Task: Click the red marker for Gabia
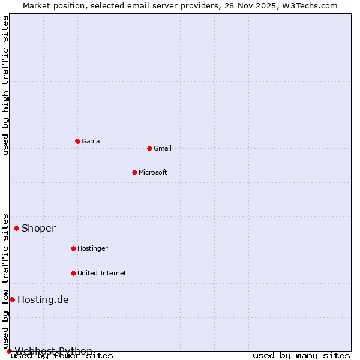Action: point(77,141)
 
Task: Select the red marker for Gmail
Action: point(149,148)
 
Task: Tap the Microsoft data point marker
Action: point(134,172)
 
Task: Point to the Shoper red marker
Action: point(16,228)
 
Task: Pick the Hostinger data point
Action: point(73,248)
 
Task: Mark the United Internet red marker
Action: point(73,273)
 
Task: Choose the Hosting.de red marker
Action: point(12,299)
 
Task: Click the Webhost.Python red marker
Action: point(9,351)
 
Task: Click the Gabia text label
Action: point(91,141)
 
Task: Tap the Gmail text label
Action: point(162,148)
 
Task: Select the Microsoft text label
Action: point(152,172)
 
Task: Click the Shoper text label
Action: point(38,228)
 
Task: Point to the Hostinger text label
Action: point(92,248)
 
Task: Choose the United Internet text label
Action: point(101,273)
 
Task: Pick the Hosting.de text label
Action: point(43,299)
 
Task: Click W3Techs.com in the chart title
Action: point(310,5)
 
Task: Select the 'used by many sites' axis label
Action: point(301,355)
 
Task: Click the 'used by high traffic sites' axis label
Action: point(5,85)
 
